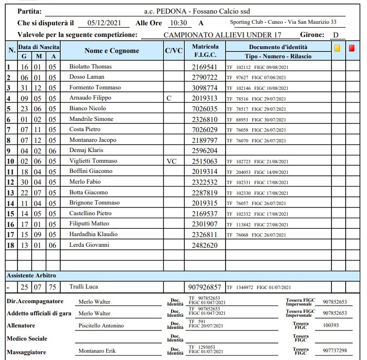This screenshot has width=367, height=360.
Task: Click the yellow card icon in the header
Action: pyautogui.click(x=337, y=48)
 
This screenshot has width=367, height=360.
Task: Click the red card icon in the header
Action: pyautogui.click(x=352, y=48)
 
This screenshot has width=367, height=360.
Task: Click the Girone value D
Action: pyautogui.click(x=335, y=35)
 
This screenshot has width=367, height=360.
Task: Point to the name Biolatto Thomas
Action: pyautogui.click(x=90, y=67)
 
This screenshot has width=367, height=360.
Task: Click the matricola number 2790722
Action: pyautogui.click(x=205, y=77)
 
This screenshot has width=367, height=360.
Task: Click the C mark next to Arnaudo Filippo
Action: pyautogui.click(x=169, y=98)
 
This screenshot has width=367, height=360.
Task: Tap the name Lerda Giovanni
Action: pyautogui.click(x=89, y=245)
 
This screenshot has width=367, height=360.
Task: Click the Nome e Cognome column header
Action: pyautogui.click(x=111, y=51)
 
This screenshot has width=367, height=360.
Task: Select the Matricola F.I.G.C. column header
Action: pyautogui.click(x=205, y=51)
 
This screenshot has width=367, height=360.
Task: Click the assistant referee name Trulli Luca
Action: pyautogui.click(x=84, y=287)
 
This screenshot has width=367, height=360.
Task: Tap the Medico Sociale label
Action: pyautogui.click(x=27, y=338)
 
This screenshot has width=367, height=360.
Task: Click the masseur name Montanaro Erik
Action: pyautogui.click(x=97, y=351)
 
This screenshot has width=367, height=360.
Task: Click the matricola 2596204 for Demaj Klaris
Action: pyautogui.click(x=205, y=151)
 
